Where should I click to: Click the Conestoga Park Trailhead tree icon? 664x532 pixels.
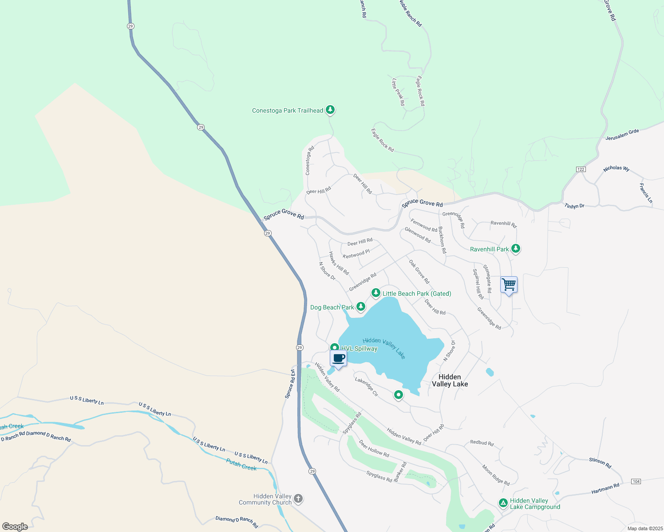tap(330, 110)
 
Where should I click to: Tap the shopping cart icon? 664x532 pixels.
tap(509, 284)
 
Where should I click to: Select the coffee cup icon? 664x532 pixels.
tap(338, 358)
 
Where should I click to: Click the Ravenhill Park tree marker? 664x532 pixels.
tap(515, 248)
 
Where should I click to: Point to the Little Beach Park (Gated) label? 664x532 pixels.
tap(416, 293)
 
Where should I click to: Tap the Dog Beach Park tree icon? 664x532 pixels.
tap(361, 306)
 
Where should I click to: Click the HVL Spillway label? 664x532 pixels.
tap(359, 348)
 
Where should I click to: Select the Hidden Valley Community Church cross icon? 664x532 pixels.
tap(298, 499)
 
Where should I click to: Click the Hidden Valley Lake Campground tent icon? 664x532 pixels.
tap(503, 503)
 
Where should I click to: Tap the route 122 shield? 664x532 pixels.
tap(581, 169)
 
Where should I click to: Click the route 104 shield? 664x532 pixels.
tap(636, 481)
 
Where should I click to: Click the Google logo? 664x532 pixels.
tap(15, 527)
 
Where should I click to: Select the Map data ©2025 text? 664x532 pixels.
tap(644, 528)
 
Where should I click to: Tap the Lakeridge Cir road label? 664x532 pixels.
tap(366, 387)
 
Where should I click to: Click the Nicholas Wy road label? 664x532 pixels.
tap(616, 168)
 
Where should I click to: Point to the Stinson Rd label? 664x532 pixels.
tap(600, 462)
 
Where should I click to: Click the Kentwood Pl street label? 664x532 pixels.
tap(356, 254)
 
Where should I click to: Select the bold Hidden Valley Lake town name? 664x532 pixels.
tap(450, 380)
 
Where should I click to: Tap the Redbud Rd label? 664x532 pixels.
tap(482, 443)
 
